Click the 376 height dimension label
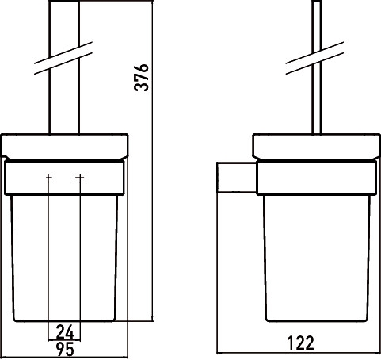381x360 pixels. click(x=142, y=77)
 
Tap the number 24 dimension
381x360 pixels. click(x=65, y=331)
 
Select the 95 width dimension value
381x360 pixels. click(x=65, y=349)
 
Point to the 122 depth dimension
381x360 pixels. click(x=300, y=343)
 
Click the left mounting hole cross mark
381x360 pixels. click(x=49, y=178)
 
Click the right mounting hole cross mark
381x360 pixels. click(x=80, y=178)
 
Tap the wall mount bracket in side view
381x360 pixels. click(x=237, y=178)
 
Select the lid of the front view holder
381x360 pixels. click(x=65, y=147)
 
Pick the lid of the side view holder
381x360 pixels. click(x=317, y=147)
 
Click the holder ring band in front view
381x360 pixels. click(x=64, y=178)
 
